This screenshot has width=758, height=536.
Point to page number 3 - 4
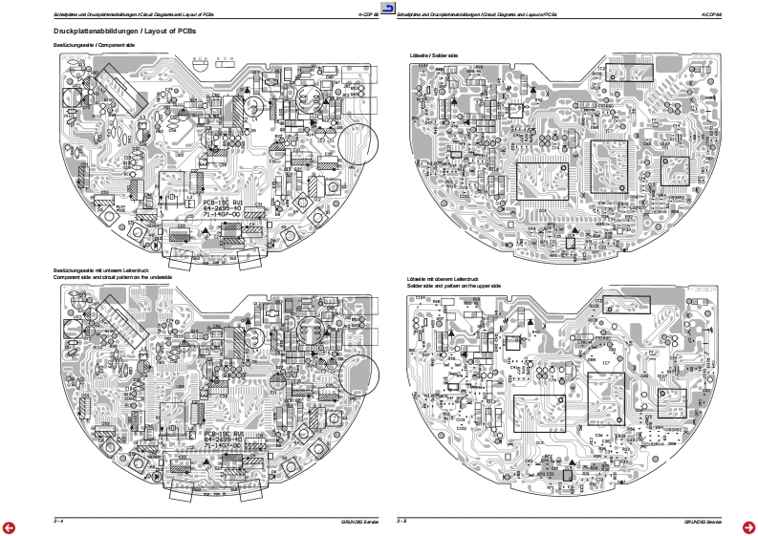click(x=58, y=520)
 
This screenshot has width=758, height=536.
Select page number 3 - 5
click(x=402, y=520)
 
